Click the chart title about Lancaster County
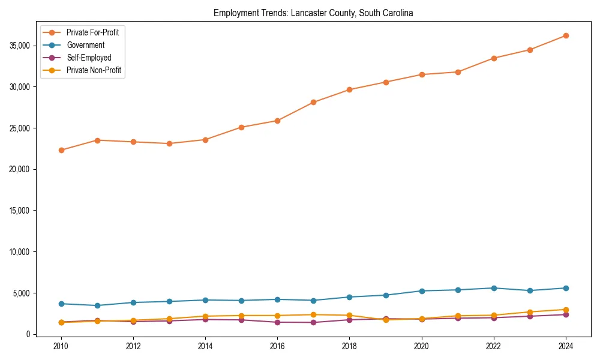coord(313,13)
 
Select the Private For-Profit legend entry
coord(92,32)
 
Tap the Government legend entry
coord(85,45)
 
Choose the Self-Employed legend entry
coord(89,58)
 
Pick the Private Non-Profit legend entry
coord(94,70)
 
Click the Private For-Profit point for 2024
coord(566,35)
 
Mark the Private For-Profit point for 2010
coord(61,150)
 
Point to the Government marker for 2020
coord(422,291)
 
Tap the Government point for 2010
coord(61,304)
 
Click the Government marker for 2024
coord(566,288)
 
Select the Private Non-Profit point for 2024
coord(566,310)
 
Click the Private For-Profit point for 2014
coord(205,140)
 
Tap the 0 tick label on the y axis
coord(27,334)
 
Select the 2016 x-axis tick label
coord(277,346)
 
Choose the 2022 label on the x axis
coord(494,346)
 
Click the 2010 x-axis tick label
coord(61,346)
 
